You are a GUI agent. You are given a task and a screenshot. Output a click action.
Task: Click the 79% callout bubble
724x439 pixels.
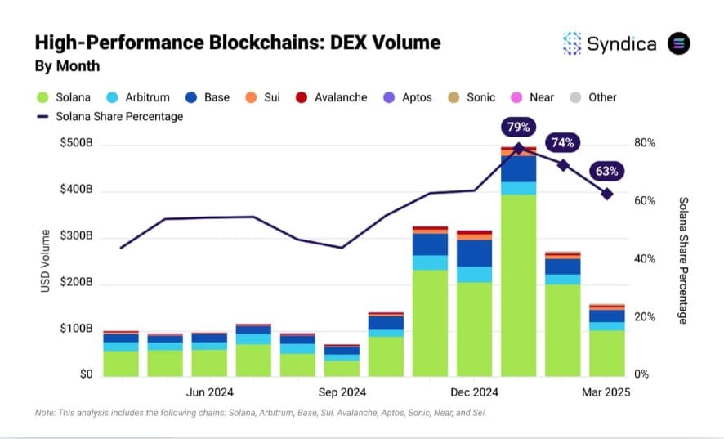(518, 127)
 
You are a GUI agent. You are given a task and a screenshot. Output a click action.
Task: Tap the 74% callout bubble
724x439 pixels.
(562, 143)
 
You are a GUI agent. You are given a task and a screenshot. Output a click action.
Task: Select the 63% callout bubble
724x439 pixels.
(607, 172)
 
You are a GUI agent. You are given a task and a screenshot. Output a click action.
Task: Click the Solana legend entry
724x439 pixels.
(65, 97)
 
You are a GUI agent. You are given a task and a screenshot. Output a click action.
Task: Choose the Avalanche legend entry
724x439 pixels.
(334, 97)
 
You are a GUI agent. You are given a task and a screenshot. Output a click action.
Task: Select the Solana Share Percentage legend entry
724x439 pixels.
(109, 116)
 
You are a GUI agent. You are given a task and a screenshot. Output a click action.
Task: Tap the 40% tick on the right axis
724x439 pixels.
(644, 259)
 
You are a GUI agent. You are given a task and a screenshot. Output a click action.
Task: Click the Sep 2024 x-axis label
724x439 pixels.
(342, 392)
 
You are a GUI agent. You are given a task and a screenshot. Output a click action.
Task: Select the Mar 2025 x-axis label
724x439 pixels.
(606, 392)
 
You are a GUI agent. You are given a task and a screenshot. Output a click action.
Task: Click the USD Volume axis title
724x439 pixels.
(46, 261)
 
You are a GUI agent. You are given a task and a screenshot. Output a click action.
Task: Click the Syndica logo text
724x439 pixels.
(621, 44)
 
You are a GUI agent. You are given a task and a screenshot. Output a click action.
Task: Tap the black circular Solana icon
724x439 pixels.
(679, 44)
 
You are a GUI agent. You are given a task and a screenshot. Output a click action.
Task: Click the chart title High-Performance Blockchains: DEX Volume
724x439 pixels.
(238, 43)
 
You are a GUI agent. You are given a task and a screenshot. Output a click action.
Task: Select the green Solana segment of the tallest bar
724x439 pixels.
(518, 284)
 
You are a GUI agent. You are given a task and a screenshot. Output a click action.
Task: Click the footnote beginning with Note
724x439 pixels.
(260, 414)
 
